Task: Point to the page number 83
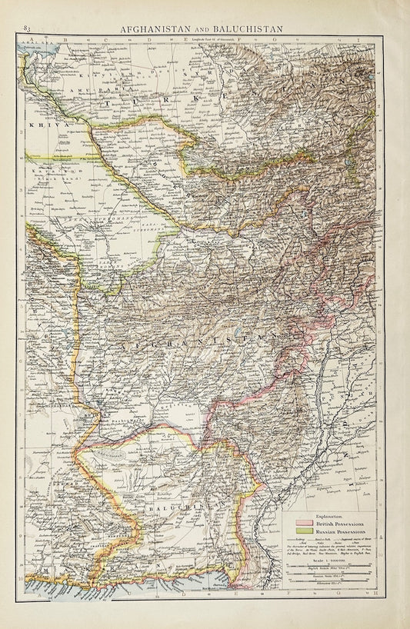[x=28, y=29]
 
